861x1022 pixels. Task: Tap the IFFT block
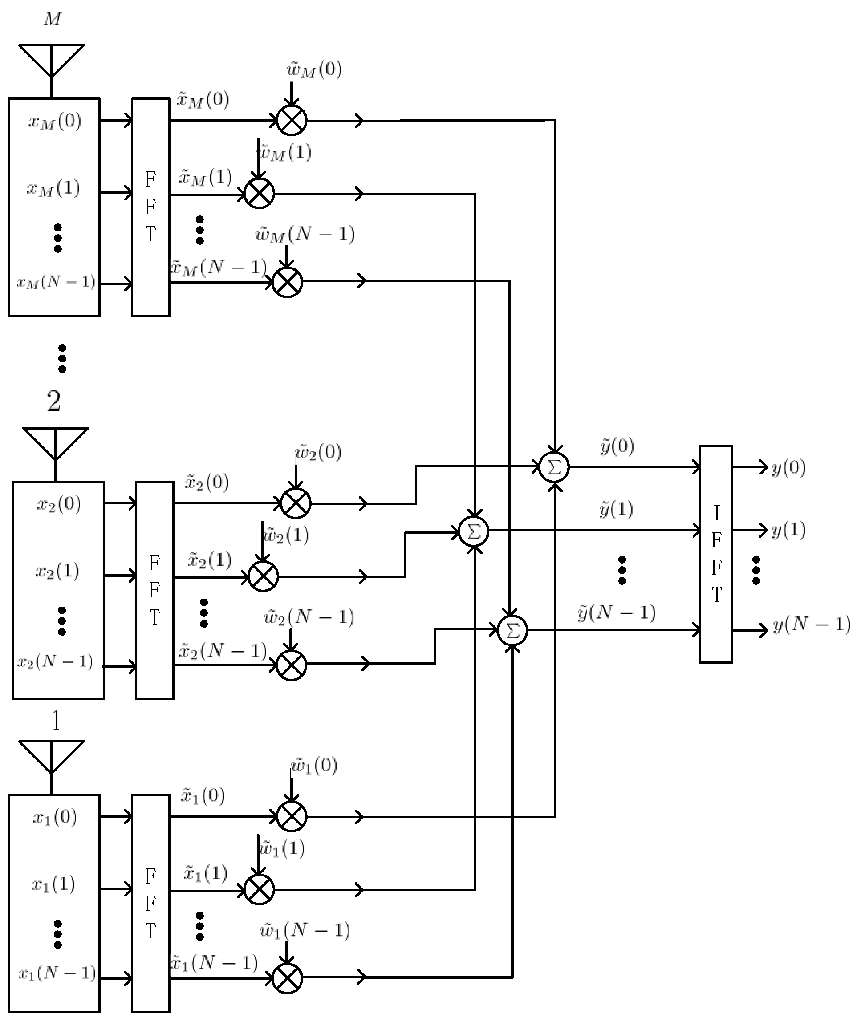(x=715, y=553)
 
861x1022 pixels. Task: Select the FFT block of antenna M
(x=150, y=207)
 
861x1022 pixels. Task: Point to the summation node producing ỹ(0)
(x=554, y=467)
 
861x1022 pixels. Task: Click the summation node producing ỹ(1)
(x=473, y=531)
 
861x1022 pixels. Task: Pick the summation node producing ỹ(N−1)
(x=512, y=631)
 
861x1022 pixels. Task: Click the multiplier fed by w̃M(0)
(x=292, y=120)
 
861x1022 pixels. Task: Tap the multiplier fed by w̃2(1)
(x=263, y=576)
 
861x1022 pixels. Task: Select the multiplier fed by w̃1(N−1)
(x=287, y=978)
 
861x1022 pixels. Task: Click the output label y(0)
(x=788, y=467)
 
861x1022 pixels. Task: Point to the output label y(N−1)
(x=811, y=625)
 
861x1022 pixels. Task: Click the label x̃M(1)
(x=205, y=177)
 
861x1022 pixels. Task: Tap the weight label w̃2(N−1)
(x=309, y=617)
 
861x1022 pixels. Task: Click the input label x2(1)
(x=57, y=571)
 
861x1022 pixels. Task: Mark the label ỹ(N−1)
(x=616, y=612)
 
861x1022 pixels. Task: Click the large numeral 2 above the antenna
(x=54, y=401)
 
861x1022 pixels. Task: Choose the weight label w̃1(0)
(x=314, y=766)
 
